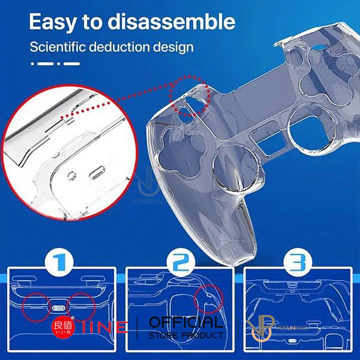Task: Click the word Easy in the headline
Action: (x=52, y=21)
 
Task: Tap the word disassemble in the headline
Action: (x=172, y=21)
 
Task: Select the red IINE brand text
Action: (x=105, y=327)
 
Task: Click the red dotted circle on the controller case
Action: (x=190, y=96)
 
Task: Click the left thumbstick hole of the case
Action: (x=234, y=164)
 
